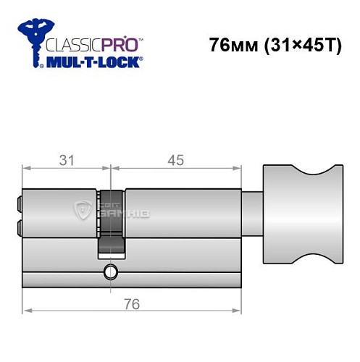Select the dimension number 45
tap(176, 159)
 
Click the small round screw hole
tap(110, 272)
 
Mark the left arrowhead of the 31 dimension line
tap(26, 169)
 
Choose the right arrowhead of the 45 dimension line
tap(238, 169)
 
